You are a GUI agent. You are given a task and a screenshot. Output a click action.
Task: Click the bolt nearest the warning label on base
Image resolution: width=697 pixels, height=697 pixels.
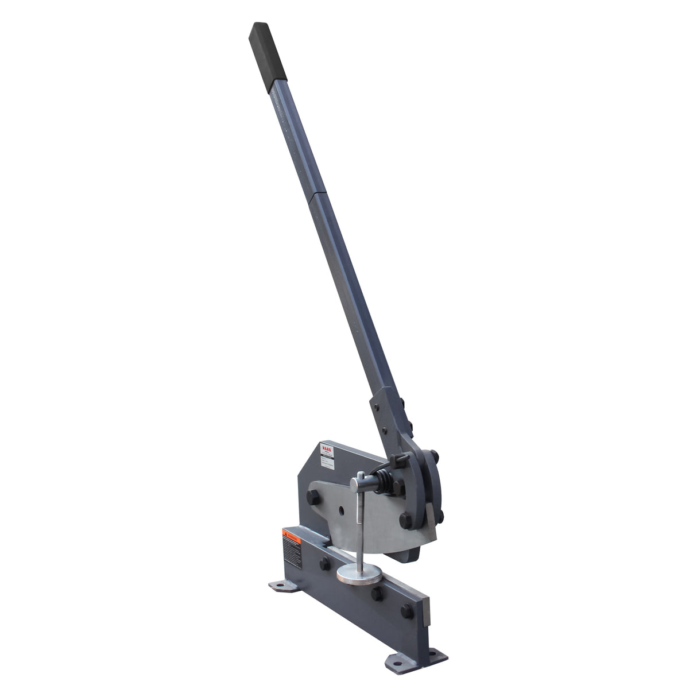click(326, 562)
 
